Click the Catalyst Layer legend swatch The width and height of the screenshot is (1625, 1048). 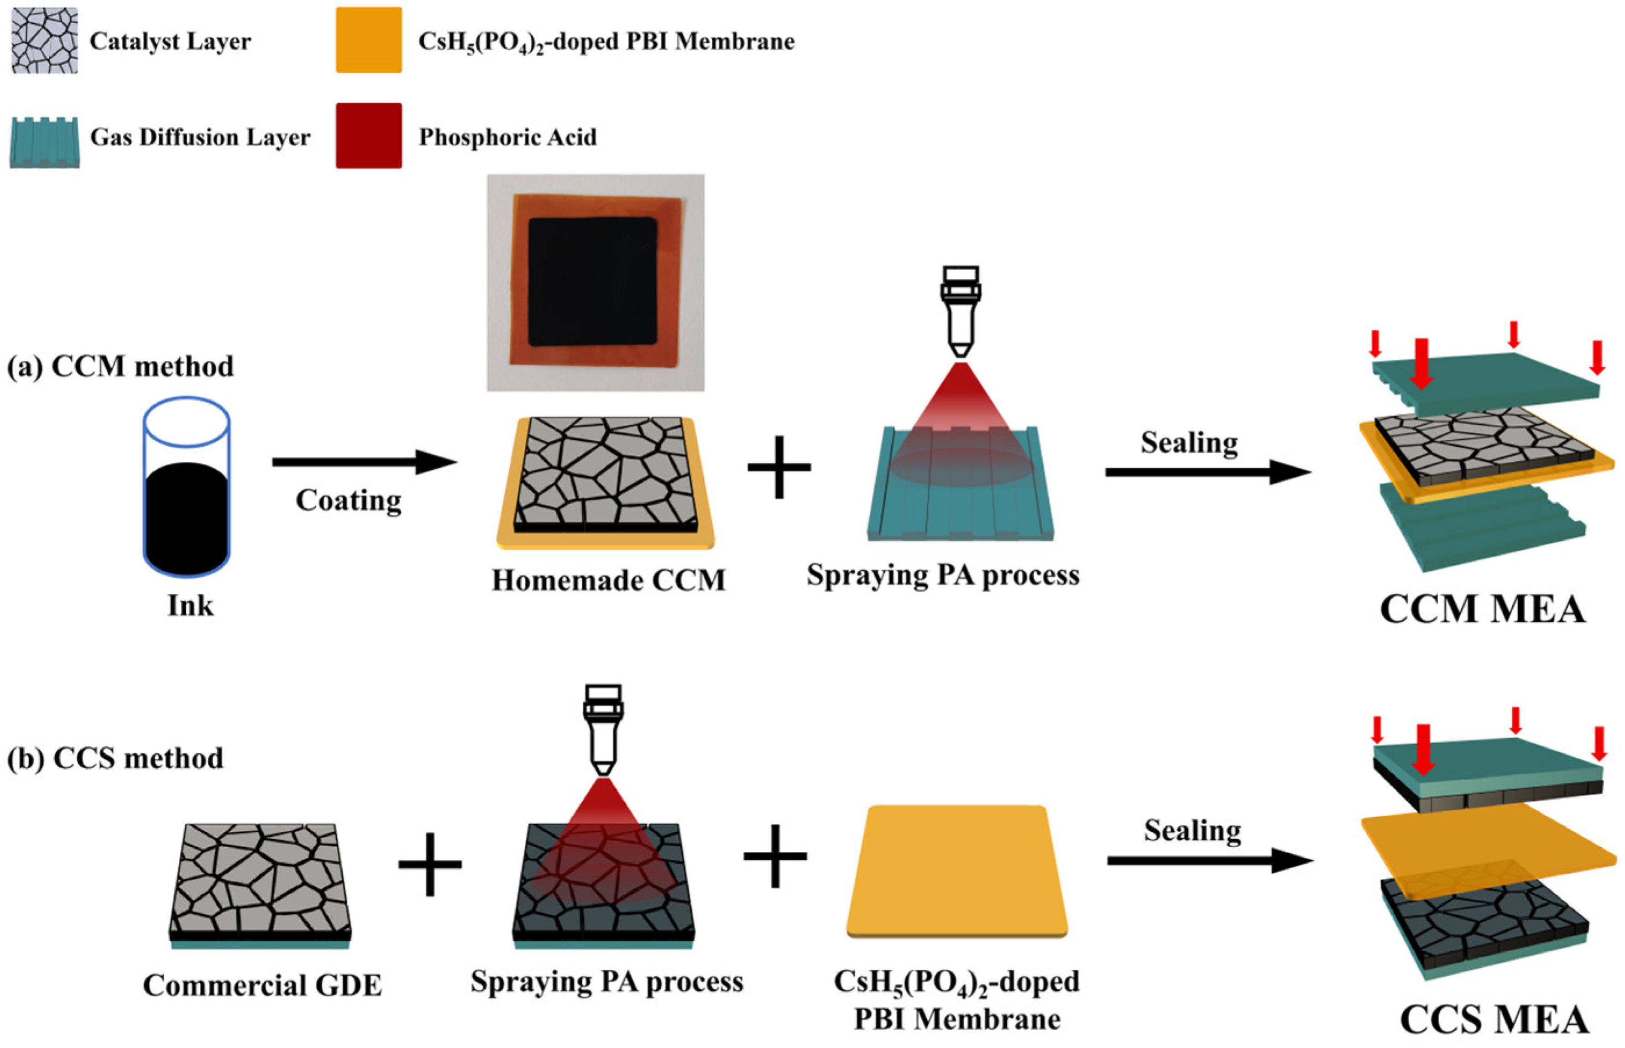[x=44, y=40]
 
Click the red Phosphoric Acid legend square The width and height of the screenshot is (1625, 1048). [x=368, y=136]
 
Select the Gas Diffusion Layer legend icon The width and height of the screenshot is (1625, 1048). [x=44, y=141]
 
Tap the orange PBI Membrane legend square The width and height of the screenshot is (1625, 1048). [x=368, y=40]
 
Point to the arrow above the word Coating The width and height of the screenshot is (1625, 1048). [x=364, y=462]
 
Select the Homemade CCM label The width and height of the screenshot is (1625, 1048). [x=608, y=580]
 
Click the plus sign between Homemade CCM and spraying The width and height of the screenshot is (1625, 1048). [x=779, y=467]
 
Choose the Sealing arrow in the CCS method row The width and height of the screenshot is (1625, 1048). [x=1209, y=861]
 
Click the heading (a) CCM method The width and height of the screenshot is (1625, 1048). [x=120, y=366]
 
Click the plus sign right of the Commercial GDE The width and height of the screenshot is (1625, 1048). [x=430, y=864]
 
